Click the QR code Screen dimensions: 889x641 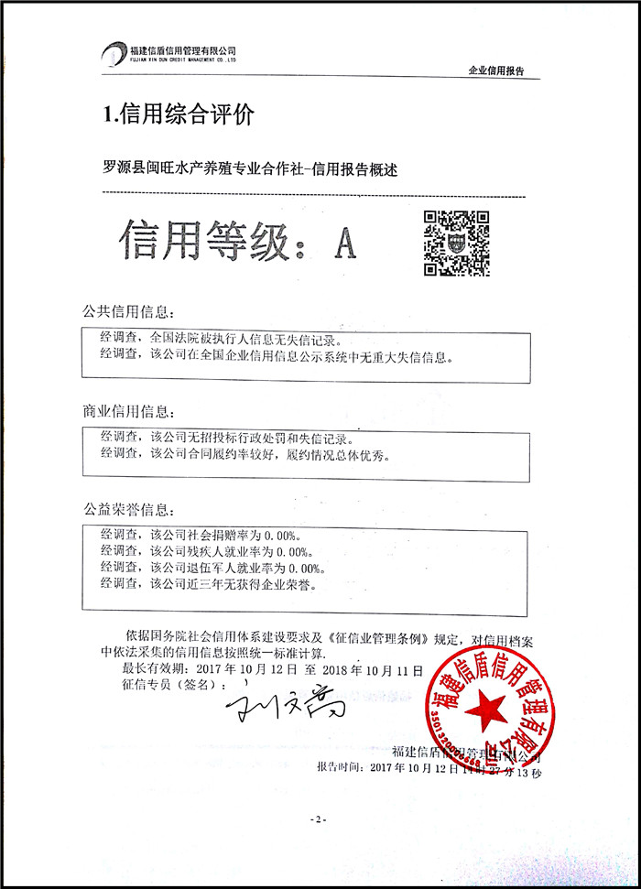(455, 243)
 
